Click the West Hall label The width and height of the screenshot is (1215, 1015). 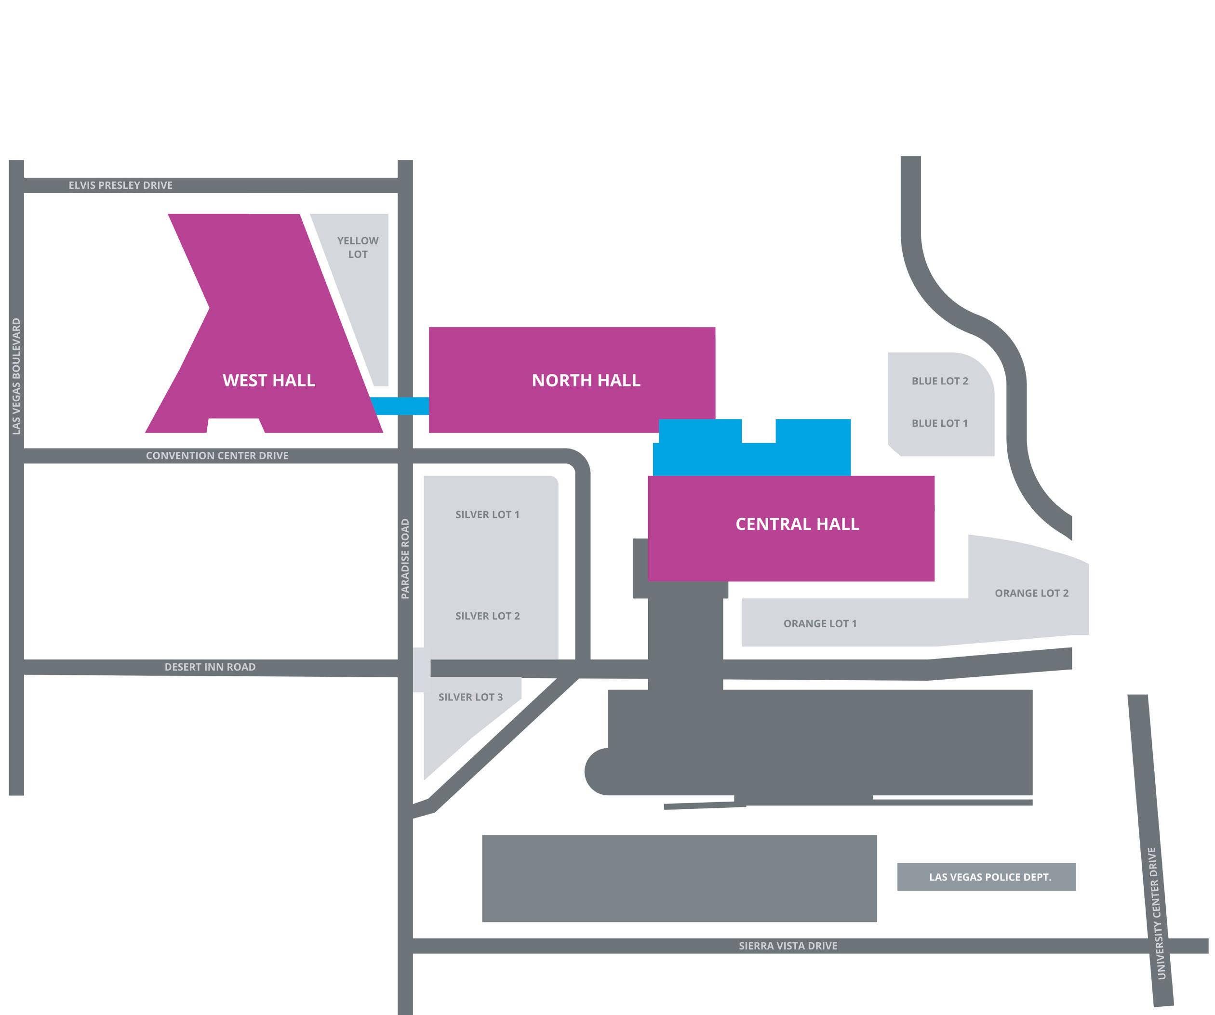268,380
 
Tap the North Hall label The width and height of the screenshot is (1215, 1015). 586,380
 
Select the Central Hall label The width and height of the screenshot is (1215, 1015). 797,524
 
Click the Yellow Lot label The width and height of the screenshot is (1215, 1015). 358,247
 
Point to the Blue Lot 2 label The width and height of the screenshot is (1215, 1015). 940,381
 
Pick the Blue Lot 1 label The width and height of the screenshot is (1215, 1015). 940,423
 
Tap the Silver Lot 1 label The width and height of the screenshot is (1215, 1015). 487,515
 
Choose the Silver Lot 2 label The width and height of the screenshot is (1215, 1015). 487,616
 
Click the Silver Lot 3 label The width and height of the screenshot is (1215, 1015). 470,697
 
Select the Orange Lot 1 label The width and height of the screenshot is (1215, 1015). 820,623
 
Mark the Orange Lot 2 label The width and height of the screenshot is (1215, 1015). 1031,593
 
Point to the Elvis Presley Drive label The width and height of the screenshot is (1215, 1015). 120,185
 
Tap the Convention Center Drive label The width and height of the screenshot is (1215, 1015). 217,456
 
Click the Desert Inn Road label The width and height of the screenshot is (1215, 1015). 210,667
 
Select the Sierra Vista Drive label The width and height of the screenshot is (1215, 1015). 788,946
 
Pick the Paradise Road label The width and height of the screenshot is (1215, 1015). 405,559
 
